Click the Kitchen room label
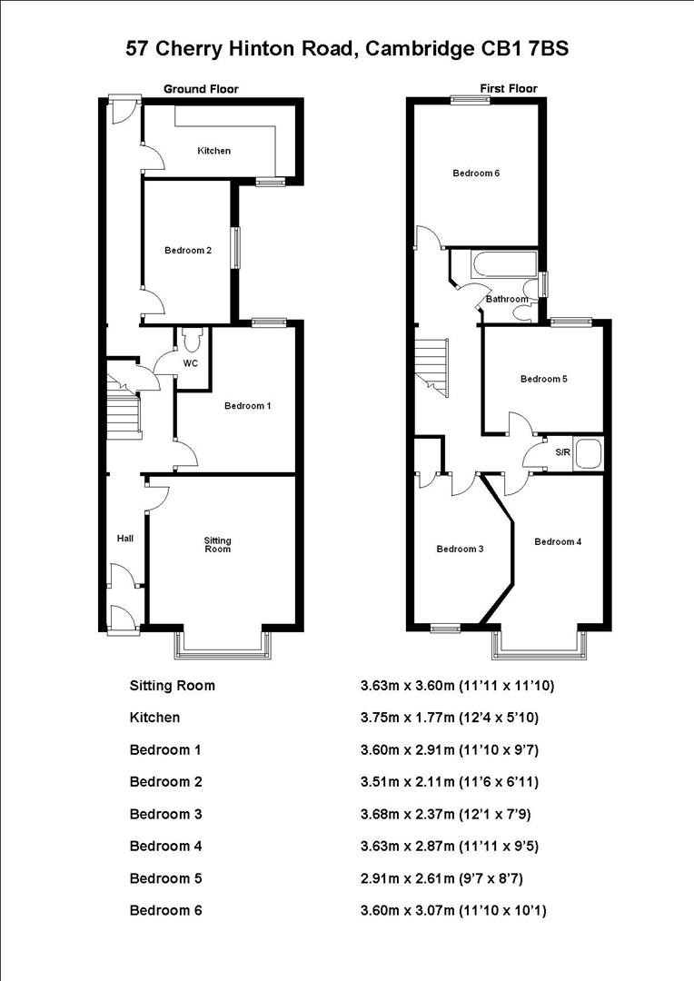[x=214, y=151]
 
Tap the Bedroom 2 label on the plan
[x=188, y=251]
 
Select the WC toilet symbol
[x=191, y=341]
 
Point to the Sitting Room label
[x=218, y=544]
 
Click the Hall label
[x=125, y=539]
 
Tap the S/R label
[x=562, y=451]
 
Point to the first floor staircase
[x=433, y=365]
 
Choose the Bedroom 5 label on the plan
[x=543, y=380]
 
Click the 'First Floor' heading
[x=508, y=89]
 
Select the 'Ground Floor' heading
[x=201, y=89]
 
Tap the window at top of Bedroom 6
[x=471, y=101]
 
